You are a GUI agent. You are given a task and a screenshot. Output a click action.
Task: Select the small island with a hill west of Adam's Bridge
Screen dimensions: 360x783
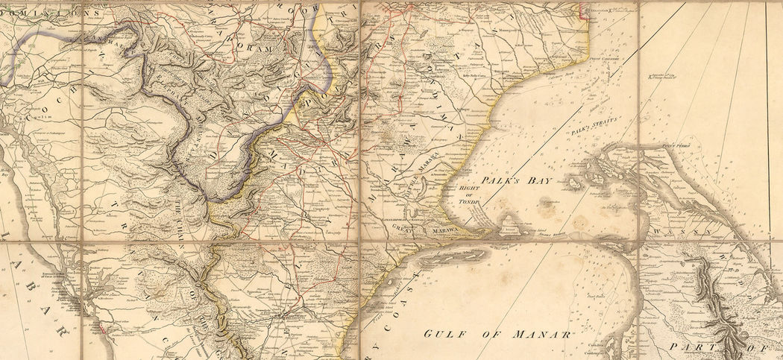coord(512,221)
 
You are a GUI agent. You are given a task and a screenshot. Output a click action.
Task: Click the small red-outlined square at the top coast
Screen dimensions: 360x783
coord(583,10)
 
